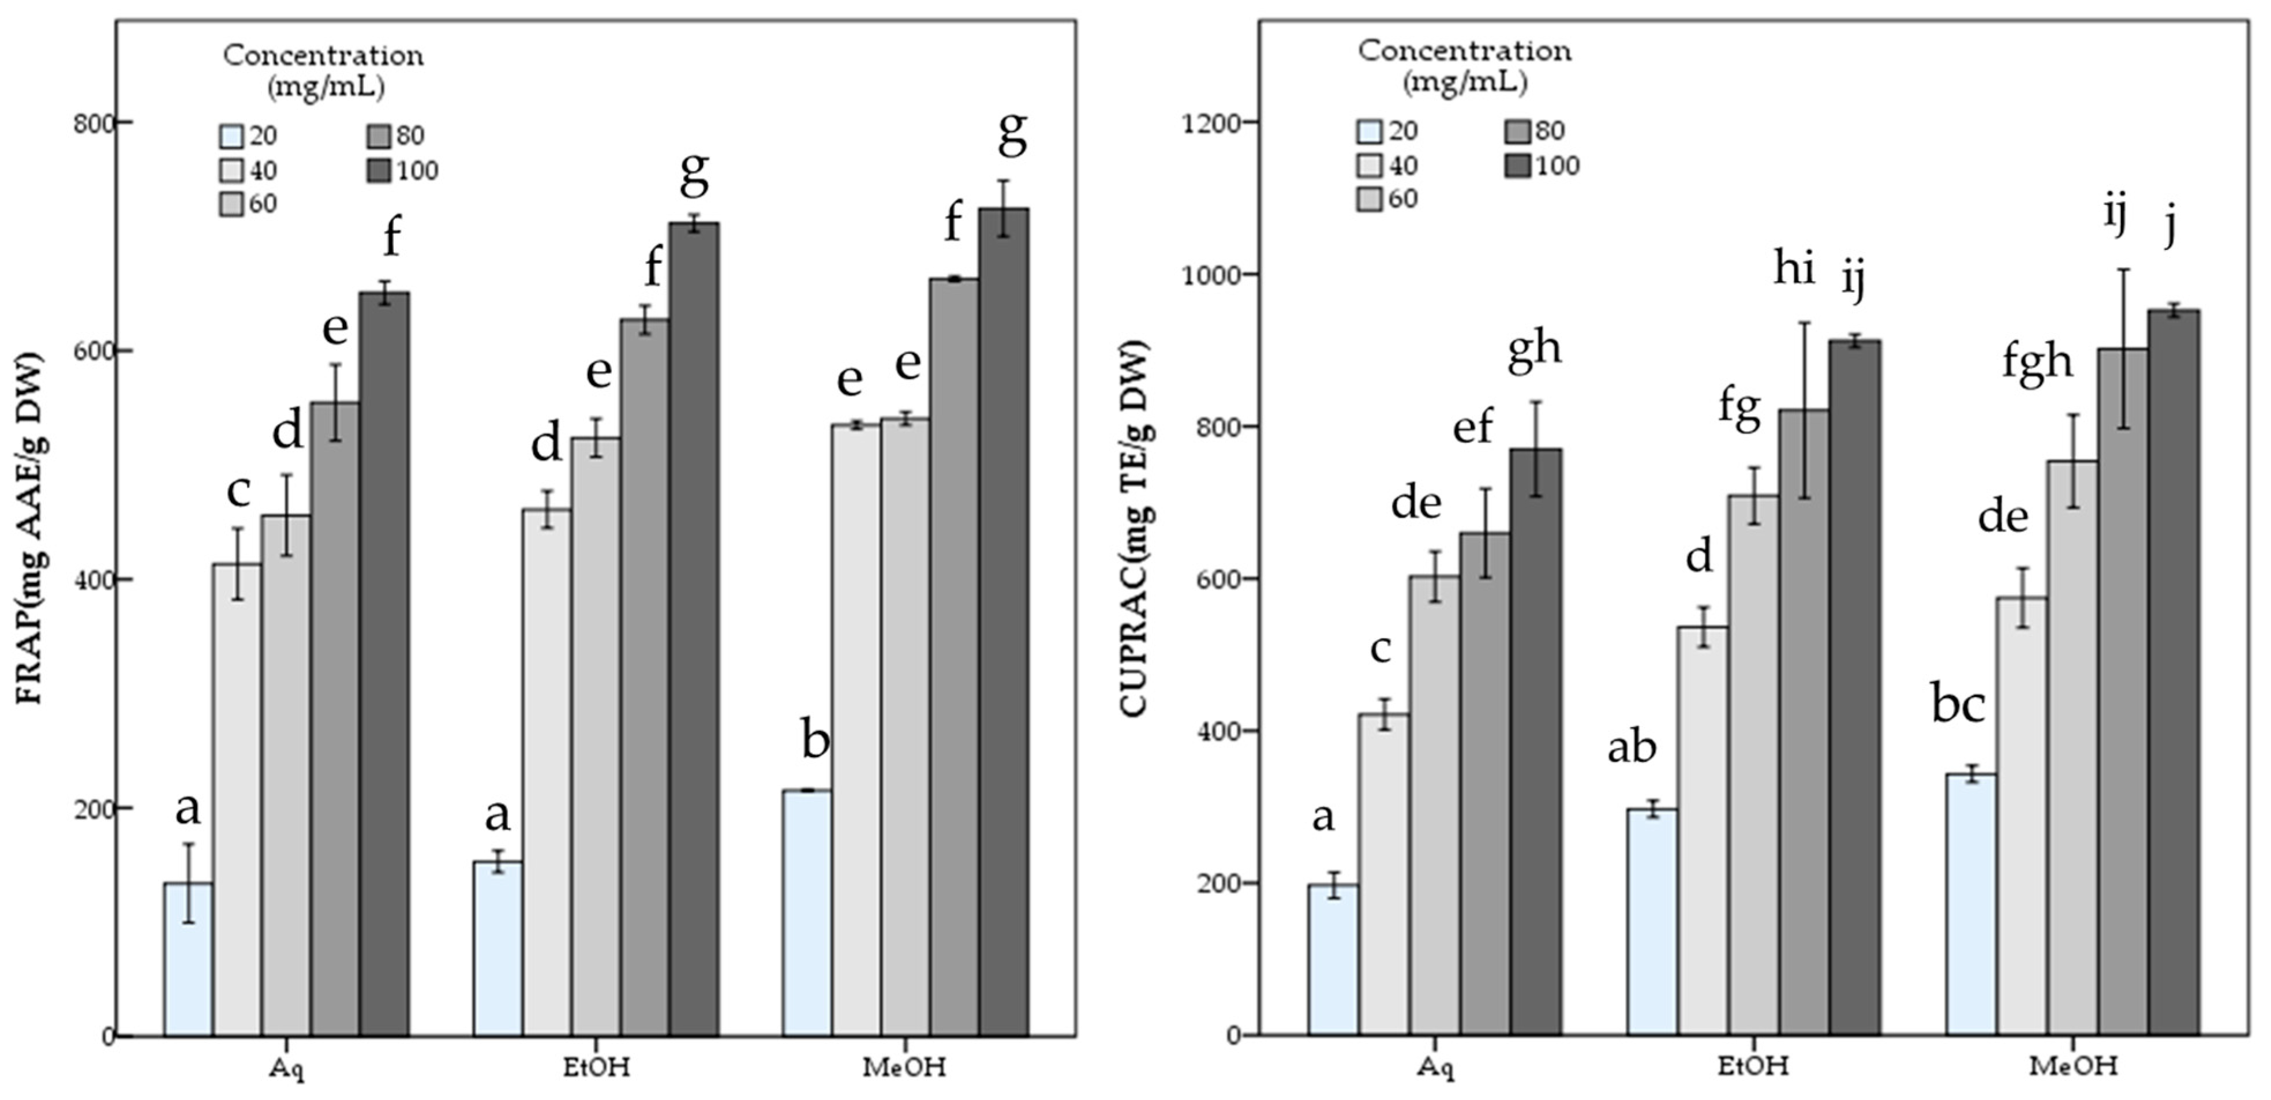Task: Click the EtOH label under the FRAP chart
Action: (x=597, y=1067)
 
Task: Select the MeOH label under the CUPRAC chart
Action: (x=2072, y=1065)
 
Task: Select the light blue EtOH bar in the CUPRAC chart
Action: (x=1652, y=921)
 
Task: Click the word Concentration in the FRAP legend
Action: (x=323, y=55)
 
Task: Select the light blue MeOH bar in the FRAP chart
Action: (x=807, y=912)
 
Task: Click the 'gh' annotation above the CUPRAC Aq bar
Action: (x=1535, y=348)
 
